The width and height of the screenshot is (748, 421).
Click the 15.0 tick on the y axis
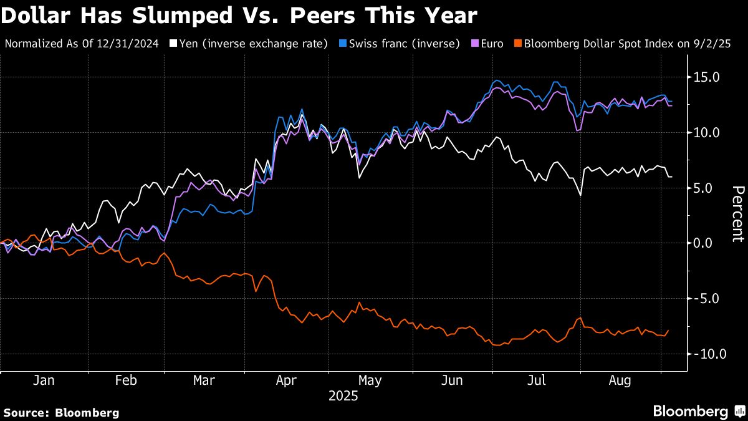707,77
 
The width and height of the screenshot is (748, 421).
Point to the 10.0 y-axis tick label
707,132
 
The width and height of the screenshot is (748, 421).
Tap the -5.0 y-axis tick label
707,298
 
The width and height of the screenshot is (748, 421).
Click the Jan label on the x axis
44,380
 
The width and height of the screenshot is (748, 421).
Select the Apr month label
287,380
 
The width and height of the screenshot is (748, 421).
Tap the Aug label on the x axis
620,380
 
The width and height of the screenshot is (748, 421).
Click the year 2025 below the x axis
342,395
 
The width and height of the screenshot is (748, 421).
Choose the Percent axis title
738,213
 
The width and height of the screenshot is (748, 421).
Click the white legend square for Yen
173,44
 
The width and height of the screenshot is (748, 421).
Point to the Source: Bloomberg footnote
61,412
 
